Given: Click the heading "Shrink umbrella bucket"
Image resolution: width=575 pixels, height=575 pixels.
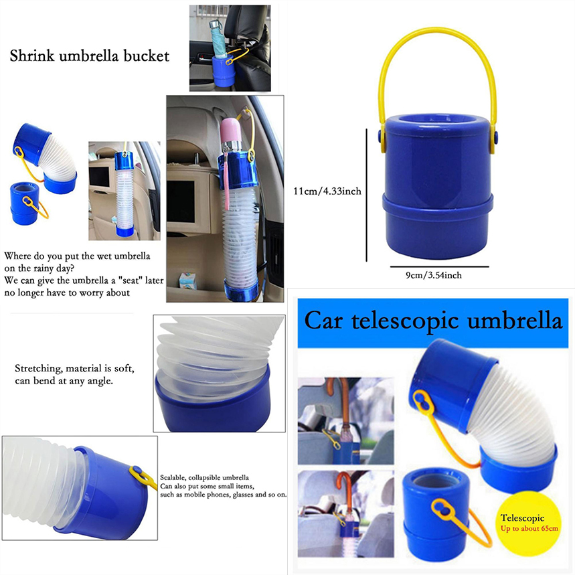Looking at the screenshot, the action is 90,56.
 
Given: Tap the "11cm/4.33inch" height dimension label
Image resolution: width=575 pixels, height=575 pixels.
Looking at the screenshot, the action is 327,191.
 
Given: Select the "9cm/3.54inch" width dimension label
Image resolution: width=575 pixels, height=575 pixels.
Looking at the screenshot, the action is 434,275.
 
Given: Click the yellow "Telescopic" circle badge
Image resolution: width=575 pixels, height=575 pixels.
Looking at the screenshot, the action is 530,523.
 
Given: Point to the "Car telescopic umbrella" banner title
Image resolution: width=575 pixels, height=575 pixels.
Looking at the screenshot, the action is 432,321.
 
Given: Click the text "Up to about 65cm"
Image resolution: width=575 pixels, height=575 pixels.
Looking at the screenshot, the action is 529,528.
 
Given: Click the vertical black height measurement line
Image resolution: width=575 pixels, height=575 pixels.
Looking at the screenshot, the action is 367,195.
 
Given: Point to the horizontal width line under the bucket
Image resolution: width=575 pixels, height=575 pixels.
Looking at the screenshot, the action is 439,266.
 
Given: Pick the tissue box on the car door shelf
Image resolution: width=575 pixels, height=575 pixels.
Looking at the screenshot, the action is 187,281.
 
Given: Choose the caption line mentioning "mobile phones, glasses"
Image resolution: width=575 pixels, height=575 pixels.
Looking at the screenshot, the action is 224,495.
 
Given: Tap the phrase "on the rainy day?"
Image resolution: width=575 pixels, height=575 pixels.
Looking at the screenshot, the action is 39,268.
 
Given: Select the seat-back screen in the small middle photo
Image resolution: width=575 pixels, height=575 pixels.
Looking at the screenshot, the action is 99,177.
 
